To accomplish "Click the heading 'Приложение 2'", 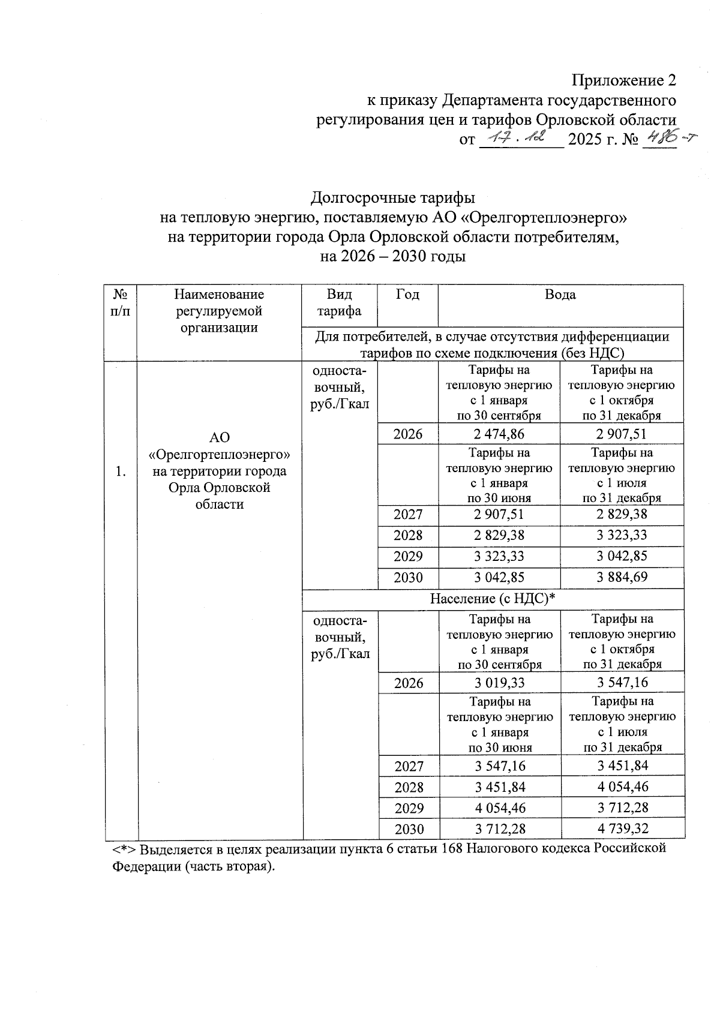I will pyautogui.click(x=624, y=80).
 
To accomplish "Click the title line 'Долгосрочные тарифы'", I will pyautogui.click(x=393, y=197).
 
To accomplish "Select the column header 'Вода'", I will pyautogui.click(x=560, y=295).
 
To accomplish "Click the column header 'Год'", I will pyautogui.click(x=407, y=295).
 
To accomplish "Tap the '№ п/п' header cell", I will pyautogui.click(x=120, y=303).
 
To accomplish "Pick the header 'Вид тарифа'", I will pyautogui.click(x=339, y=303).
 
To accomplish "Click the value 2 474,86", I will pyautogui.click(x=499, y=434).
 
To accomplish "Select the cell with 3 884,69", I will pyautogui.click(x=622, y=578).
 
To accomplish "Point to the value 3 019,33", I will pyautogui.click(x=500, y=683).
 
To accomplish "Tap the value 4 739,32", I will pyautogui.click(x=623, y=829).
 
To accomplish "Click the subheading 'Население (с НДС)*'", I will pyautogui.click(x=493, y=599).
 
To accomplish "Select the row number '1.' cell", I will pyautogui.click(x=121, y=472).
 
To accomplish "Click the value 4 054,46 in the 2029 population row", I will pyautogui.click(x=500, y=808).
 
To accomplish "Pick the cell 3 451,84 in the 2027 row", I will pyautogui.click(x=623, y=766).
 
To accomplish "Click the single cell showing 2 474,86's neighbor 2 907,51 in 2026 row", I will pyautogui.click(x=622, y=434).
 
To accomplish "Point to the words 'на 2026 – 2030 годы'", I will pyautogui.click(x=393, y=257).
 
